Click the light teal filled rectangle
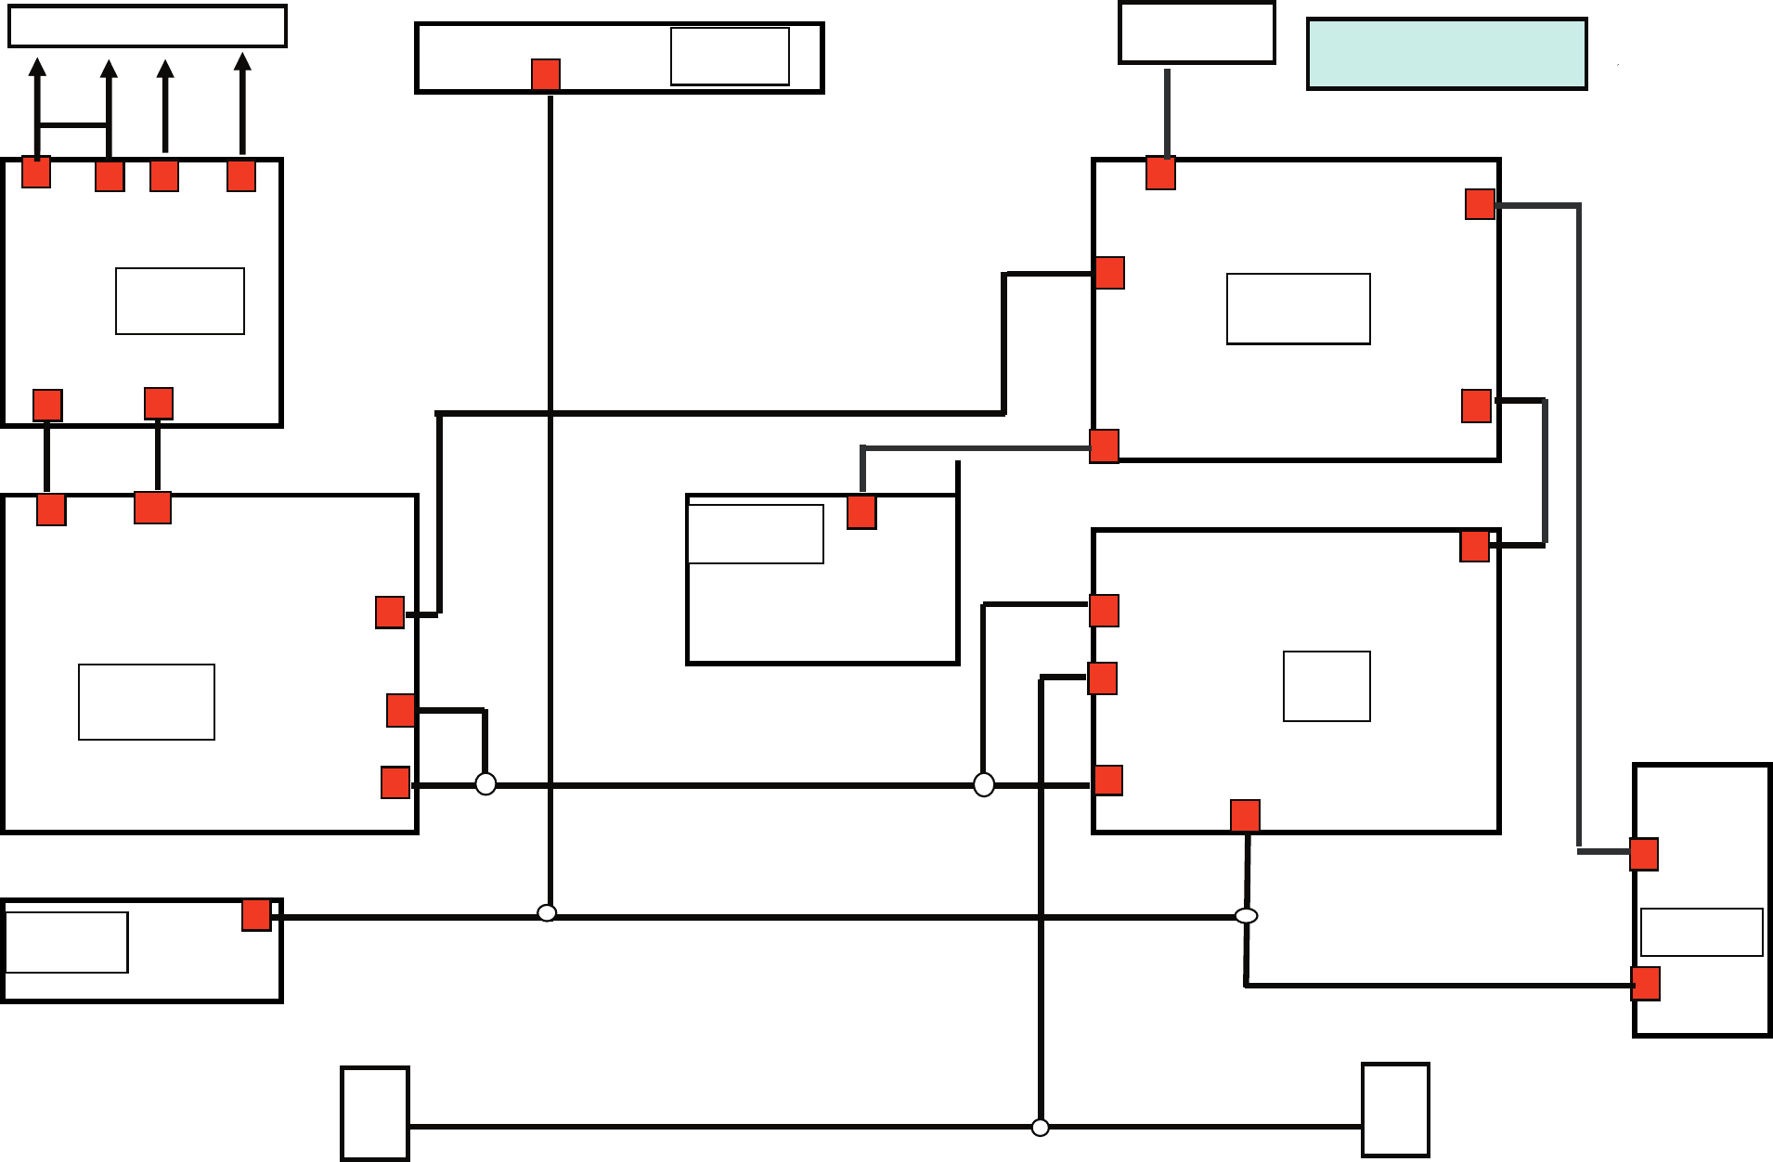click(1446, 54)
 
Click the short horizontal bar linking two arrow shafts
click(73, 125)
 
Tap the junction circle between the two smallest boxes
click(1041, 1128)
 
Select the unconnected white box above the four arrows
click(148, 26)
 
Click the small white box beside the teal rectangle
click(1197, 32)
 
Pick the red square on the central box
click(861, 512)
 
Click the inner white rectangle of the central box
click(756, 534)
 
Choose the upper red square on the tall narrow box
click(1644, 854)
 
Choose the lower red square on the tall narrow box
click(1646, 984)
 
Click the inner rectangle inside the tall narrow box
click(1702, 932)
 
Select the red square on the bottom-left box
click(256, 914)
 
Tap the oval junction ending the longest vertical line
click(548, 913)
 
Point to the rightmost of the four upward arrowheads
click(242, 63)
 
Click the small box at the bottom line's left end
click(375, 1113)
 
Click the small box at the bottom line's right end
click(1395, 1110)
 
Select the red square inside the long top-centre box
click(546, 74)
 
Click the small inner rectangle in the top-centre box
click(730, 57)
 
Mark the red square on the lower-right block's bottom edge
click(1245, 816)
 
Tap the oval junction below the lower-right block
click(1246, 916)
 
